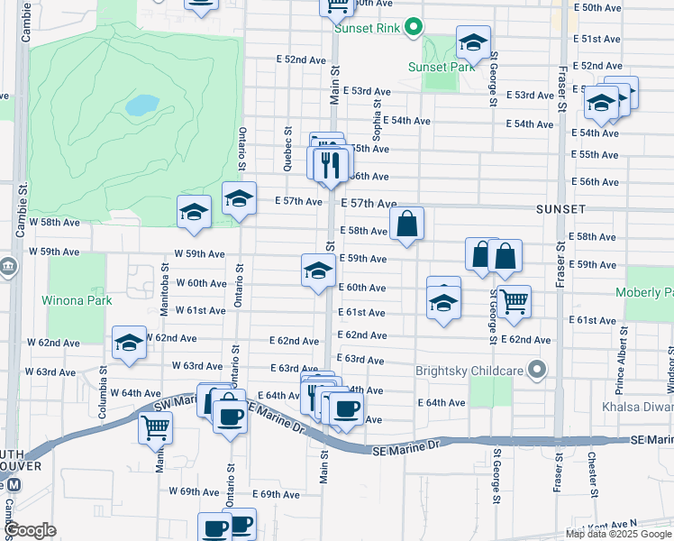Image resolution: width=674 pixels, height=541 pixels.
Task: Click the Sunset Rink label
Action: (366, 27)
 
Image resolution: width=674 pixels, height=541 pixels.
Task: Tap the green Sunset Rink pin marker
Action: (413, 26)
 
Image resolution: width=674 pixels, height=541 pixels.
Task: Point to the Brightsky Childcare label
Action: (470, 370)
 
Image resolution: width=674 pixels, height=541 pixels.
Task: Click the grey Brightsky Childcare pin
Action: (537, 370)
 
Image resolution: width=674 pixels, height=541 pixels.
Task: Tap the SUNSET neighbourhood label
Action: (561, 209)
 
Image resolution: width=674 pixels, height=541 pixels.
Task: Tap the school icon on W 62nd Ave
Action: (130, 343)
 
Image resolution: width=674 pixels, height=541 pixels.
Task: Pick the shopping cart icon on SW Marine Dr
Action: (155, 426)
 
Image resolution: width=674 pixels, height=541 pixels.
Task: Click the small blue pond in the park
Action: (142, 105)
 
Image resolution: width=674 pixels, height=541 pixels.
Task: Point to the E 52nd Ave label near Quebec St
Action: (301, 60)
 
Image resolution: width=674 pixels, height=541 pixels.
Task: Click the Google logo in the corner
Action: (31, 530)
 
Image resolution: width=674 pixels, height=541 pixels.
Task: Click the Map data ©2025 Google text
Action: (618, 534)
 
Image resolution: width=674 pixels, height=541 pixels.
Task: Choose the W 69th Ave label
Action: (198, 492)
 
